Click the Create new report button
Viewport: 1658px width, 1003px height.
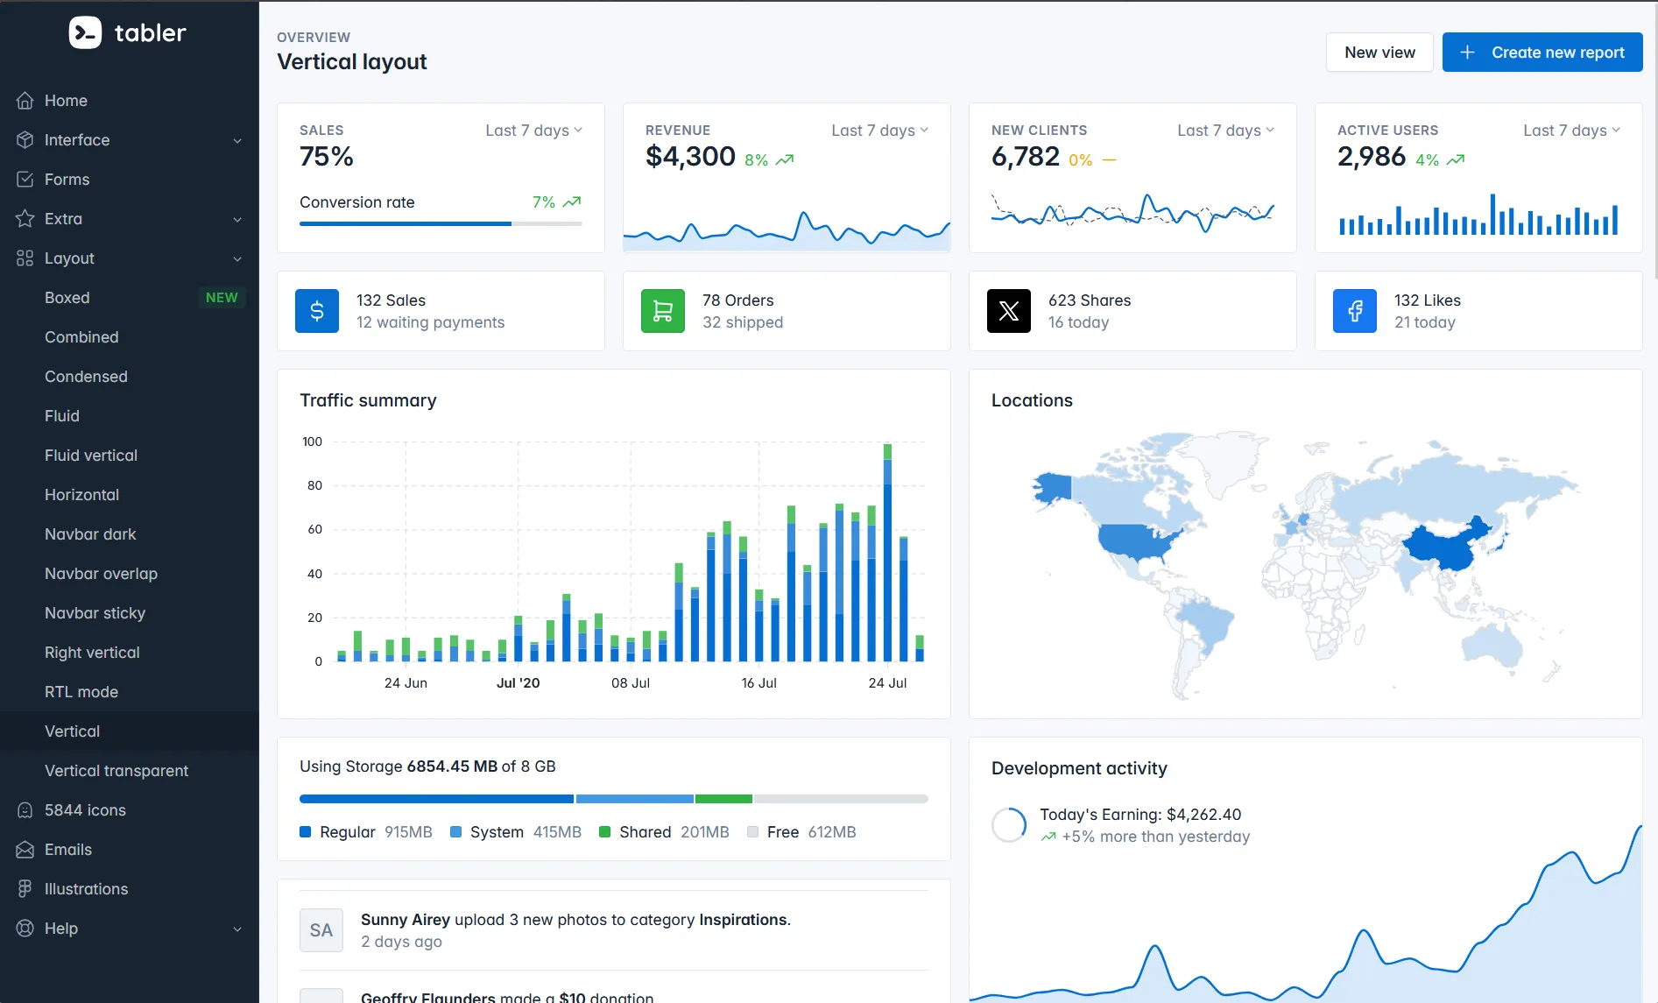click(1542, 53)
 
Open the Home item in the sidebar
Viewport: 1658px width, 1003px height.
click(66, 101)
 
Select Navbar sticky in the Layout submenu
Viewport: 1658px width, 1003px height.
click(95, 613)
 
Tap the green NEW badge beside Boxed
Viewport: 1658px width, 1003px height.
click(222, 298)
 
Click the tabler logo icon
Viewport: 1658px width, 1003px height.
click(85, 33)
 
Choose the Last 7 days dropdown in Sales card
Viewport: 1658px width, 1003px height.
click(533, 131)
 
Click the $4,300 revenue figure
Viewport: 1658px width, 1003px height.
click(690, 157)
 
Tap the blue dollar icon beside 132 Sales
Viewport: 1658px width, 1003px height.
click(317, 311)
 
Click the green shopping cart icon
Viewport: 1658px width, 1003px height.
click(663, 311)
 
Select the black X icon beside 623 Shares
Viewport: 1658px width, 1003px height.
click(1009, 311)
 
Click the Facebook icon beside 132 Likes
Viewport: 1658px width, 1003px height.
click(1355, 311)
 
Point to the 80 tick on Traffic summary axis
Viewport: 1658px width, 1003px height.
click(314, 485)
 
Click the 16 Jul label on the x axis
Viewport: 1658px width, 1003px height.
click(758, 683)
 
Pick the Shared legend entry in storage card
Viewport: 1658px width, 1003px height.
click(644, 832)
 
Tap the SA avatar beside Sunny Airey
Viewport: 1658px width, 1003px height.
click(321, 930)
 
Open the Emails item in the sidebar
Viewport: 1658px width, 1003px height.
click(68, 850)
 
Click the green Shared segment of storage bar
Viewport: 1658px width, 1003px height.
click(723, 799)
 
